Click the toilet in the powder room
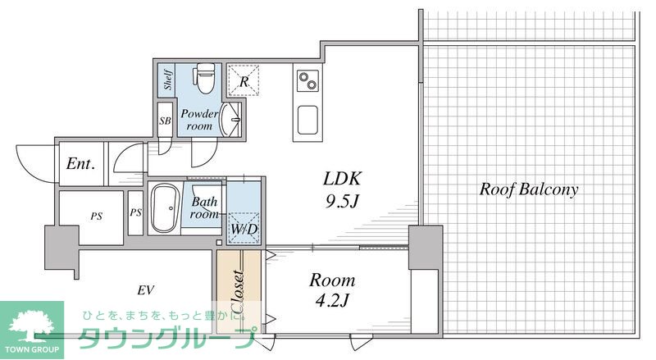tap(204, 78)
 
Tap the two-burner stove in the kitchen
tap(307, 81)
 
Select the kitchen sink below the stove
tap(307, 121)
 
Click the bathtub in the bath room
tap(166, 208)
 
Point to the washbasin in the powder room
tap(230, 119)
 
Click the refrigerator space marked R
tap(244, 80)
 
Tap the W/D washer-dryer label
tap(244, 229)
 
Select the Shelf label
tap(168, 79)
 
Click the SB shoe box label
tap(166, 121)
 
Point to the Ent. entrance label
tap(80, 164)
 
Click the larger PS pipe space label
tap(97, 216)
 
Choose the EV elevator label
tap(146, 289)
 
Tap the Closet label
tap(239, 292)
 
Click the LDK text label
tap(341, 179)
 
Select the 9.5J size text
tap(342, 202)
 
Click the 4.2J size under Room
tap(331, 300)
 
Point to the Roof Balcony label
tap(529, 189)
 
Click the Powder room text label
tap(199, 119)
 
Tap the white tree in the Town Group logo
tap(32, 326)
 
